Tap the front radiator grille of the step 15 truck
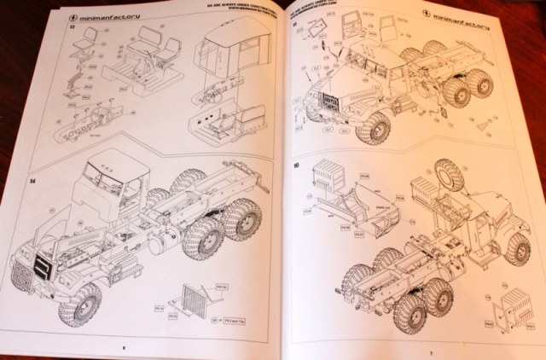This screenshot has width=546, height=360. (x=326, y=105)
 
